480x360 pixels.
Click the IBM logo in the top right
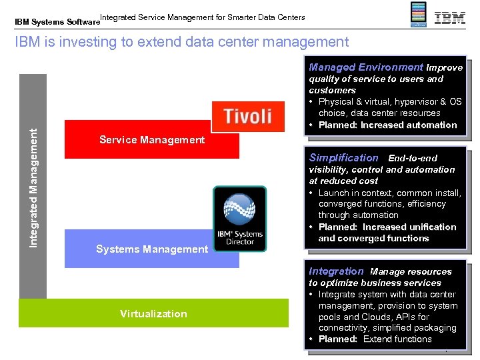coord(450,17)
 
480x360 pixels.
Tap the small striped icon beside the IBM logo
coord(417,15)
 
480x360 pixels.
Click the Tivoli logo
coord(248,116)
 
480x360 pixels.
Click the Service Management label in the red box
coord(152,140)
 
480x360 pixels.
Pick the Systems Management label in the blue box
coord(152,249)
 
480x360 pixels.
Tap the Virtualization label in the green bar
coord(153,314)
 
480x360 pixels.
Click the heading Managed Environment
coord(365,67)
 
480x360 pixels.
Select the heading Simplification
coord(343,158)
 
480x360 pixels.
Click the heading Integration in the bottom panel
coord(336,271)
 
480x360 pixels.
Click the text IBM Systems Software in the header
coord(57,21)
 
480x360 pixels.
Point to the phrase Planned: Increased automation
coord(387,125)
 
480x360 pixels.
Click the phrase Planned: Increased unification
coord(387,227)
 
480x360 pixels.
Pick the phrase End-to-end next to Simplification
coord(413,158)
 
